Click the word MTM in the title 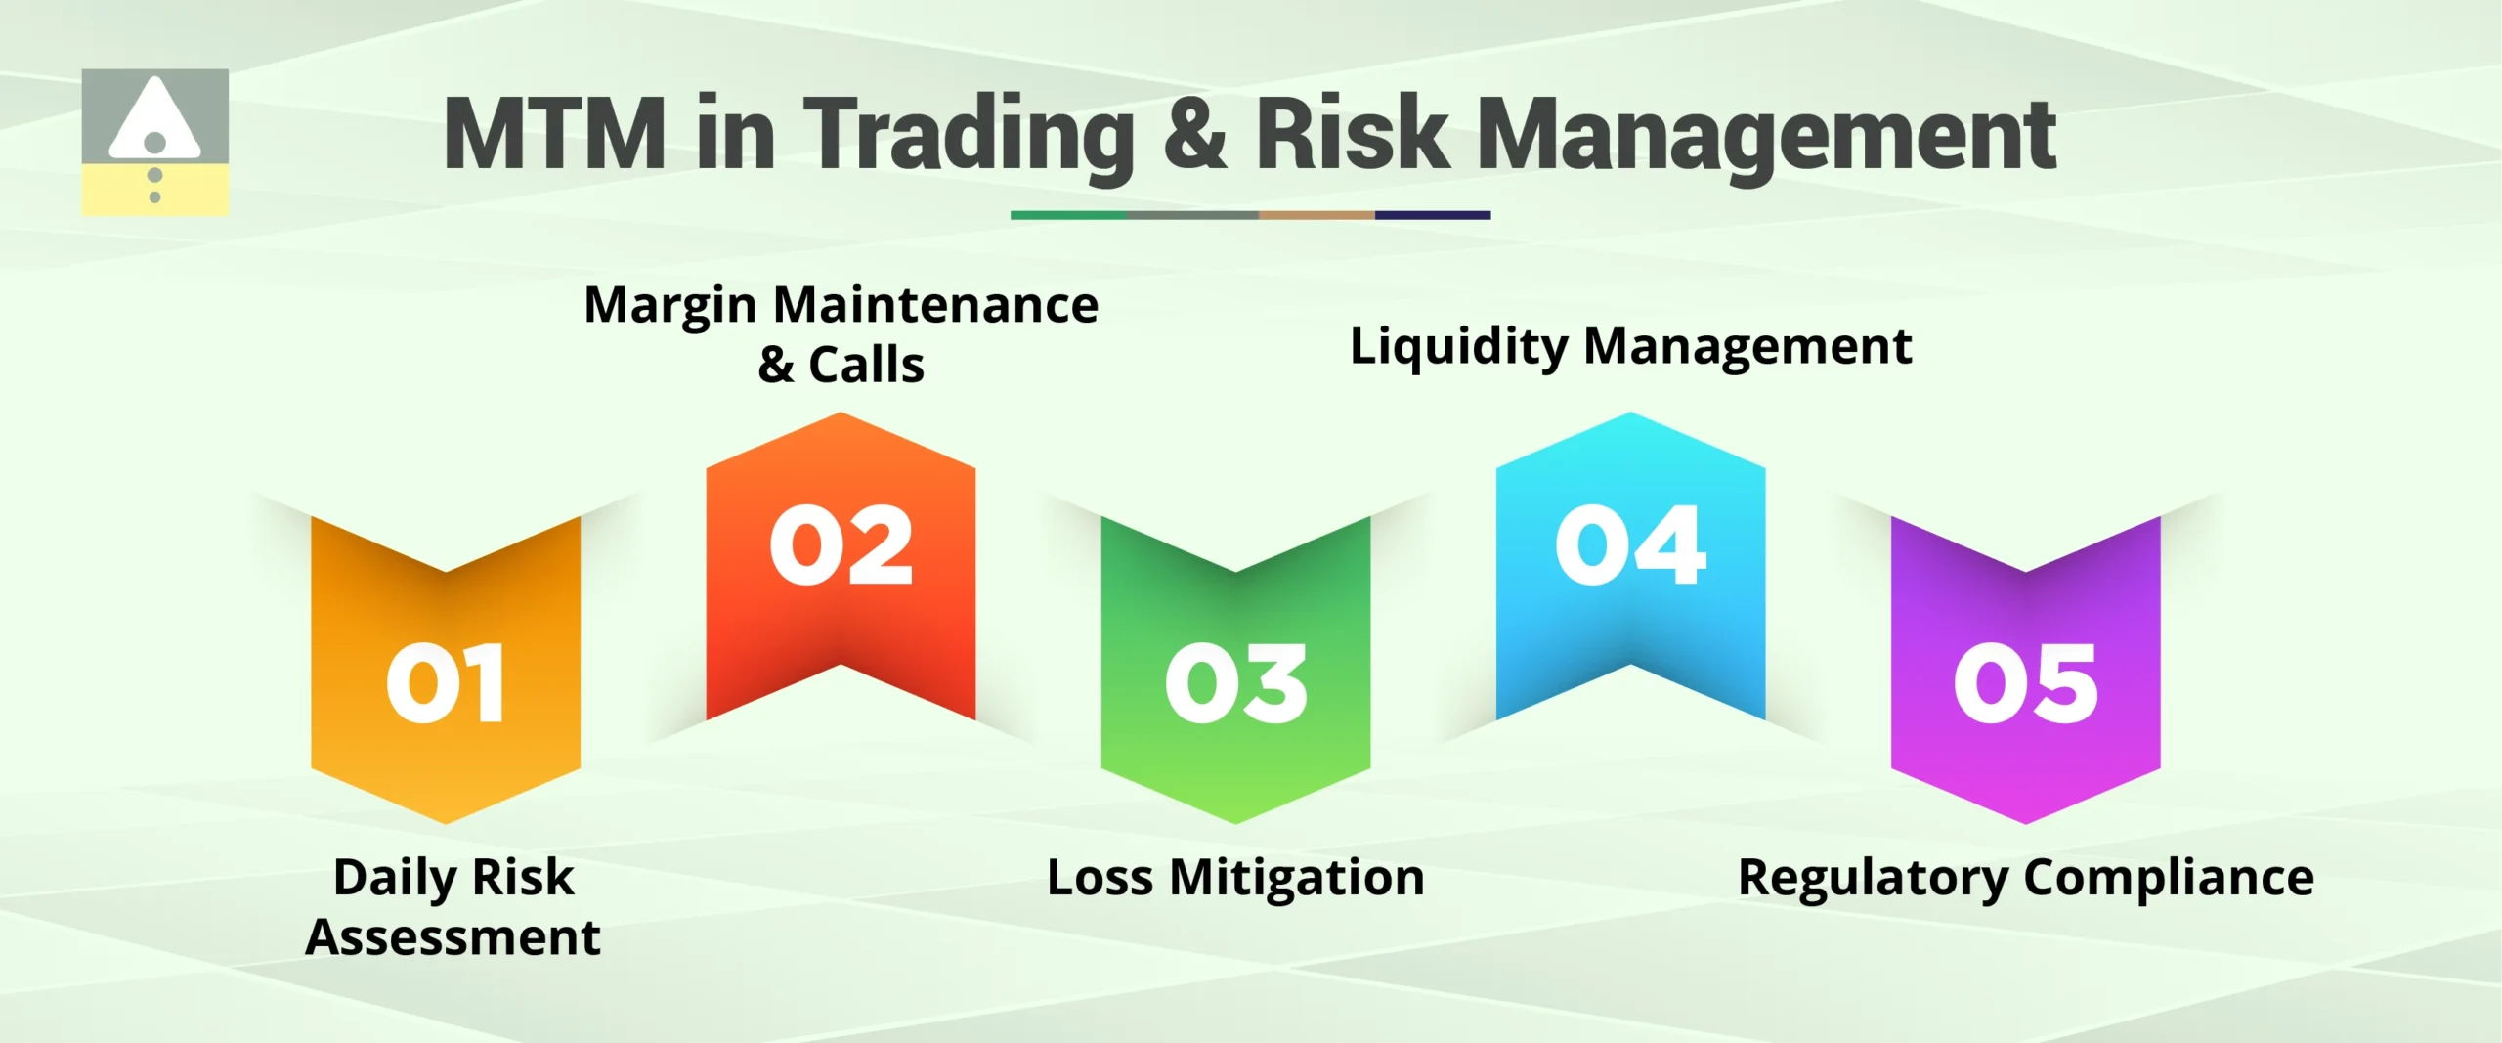point(554,134)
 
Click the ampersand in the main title point(1194,134)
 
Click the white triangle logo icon point(154,122)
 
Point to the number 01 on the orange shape point(446,683)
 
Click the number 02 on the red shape point(841,545)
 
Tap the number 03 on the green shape point(1235,683)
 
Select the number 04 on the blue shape point(1630,545)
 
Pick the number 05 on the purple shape point(2025,683)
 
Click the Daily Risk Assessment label point(453,906)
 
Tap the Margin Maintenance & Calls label point(841,333)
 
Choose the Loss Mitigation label point(1235,877)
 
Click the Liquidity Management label point(1630,346)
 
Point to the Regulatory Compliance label point(2025,877)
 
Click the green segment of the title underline point(1068,215)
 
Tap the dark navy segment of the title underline point(1433,215)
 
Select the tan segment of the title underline point(1316,215)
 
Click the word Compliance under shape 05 point(2168,877)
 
